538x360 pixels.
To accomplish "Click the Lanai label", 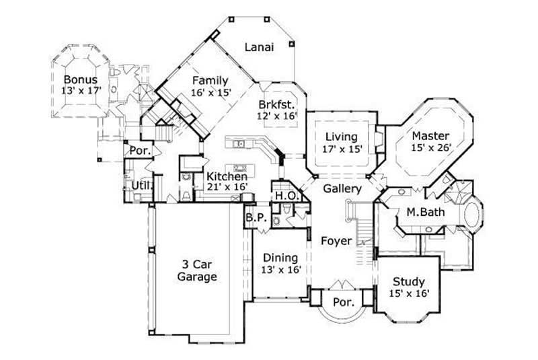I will click(259, 47).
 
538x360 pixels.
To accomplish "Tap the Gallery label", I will click(342, 189).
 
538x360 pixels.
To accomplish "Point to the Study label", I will click(408, 281).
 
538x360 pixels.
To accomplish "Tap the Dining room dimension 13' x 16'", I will click(281, 269).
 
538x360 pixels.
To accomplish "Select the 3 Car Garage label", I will click(197, 271).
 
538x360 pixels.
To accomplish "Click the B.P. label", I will click(254, 217).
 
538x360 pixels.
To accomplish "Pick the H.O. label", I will click(282, 195).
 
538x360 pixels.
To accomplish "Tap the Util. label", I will click(140, 185).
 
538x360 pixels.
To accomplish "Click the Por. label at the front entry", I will click(344, 302).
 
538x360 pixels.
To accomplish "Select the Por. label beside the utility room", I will click(139, 151).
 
